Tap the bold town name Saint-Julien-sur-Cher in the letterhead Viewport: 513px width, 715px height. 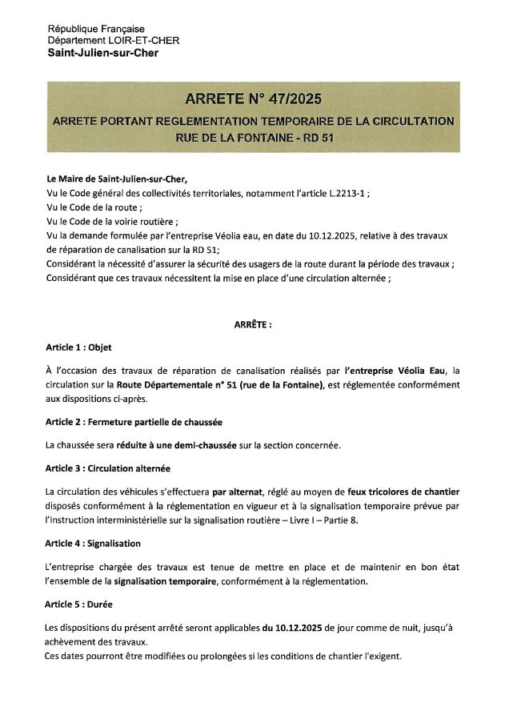[x=103, y=53]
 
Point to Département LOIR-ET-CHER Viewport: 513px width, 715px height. [x=114, y=41]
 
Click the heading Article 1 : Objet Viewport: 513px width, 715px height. [x=78, y=347]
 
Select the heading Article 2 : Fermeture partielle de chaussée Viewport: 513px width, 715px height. [x=134, y=422]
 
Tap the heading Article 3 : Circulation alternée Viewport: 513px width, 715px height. [x=108, y=468]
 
